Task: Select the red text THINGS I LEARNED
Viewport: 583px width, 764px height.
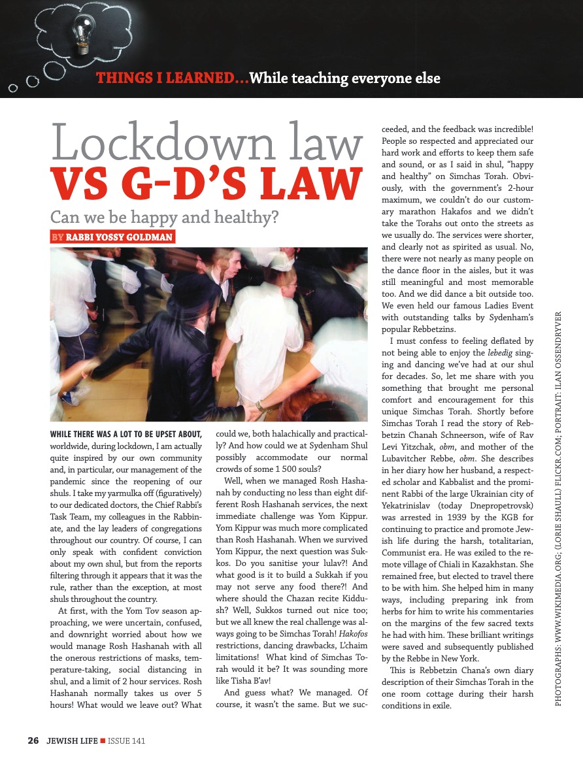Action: [172, 79]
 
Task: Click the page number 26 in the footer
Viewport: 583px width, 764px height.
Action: [33, 741]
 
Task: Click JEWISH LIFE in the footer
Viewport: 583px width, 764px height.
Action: [71, 741]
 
